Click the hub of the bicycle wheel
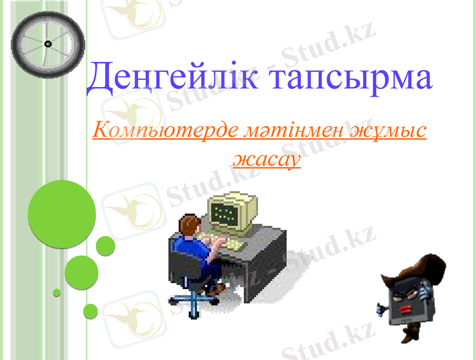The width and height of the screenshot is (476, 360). (48, 43)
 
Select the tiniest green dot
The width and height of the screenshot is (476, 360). (57, 293)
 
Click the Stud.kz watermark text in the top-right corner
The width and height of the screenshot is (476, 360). (336, 48)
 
